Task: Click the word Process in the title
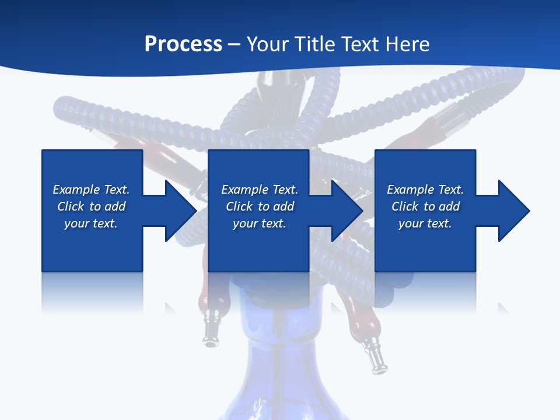click(183, 44)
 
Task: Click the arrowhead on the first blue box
click(178, 211)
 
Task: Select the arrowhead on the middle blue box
click(345, 211)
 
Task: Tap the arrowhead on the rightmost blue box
click(512, 211)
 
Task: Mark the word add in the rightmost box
click(449, 206)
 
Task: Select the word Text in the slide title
click(361, 44)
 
